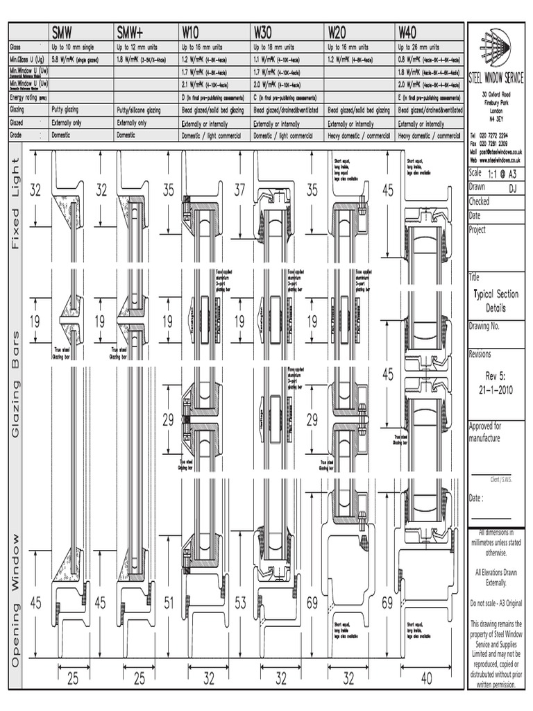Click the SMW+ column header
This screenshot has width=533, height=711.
[132, 31]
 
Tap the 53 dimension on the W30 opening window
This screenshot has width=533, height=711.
[241, 604]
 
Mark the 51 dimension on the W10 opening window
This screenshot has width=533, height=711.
[169, 604]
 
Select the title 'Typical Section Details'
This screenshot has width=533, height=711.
[496, 301]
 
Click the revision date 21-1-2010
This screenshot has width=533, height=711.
[496, 390]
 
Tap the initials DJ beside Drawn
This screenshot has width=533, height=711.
[513, 188]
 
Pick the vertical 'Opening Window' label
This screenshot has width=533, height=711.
[16, 601]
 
